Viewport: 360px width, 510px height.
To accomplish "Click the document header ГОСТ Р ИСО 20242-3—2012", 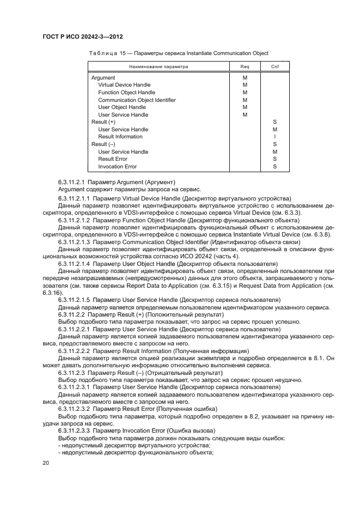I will tap(82, 37).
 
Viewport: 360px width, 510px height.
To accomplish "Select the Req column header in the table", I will tap(245, 67).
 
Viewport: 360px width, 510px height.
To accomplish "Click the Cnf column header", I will tap(274, 67).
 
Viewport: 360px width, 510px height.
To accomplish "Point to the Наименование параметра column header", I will tap(158, 67).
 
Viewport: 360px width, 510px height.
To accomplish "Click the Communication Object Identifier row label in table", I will tap(137, 100).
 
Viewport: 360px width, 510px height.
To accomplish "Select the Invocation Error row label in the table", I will tap(117, 167).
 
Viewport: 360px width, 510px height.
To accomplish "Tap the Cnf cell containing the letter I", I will tap(274, 137).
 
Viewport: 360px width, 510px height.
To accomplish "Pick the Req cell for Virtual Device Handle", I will tap(245, 86).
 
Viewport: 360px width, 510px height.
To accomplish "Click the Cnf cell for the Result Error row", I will tap(274, 159).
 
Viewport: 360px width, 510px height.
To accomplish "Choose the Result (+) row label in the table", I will tap(103, 122).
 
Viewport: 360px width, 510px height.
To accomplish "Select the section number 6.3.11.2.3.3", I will tap(71, 430).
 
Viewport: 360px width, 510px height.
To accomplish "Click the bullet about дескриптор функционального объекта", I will tap(136, 452).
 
